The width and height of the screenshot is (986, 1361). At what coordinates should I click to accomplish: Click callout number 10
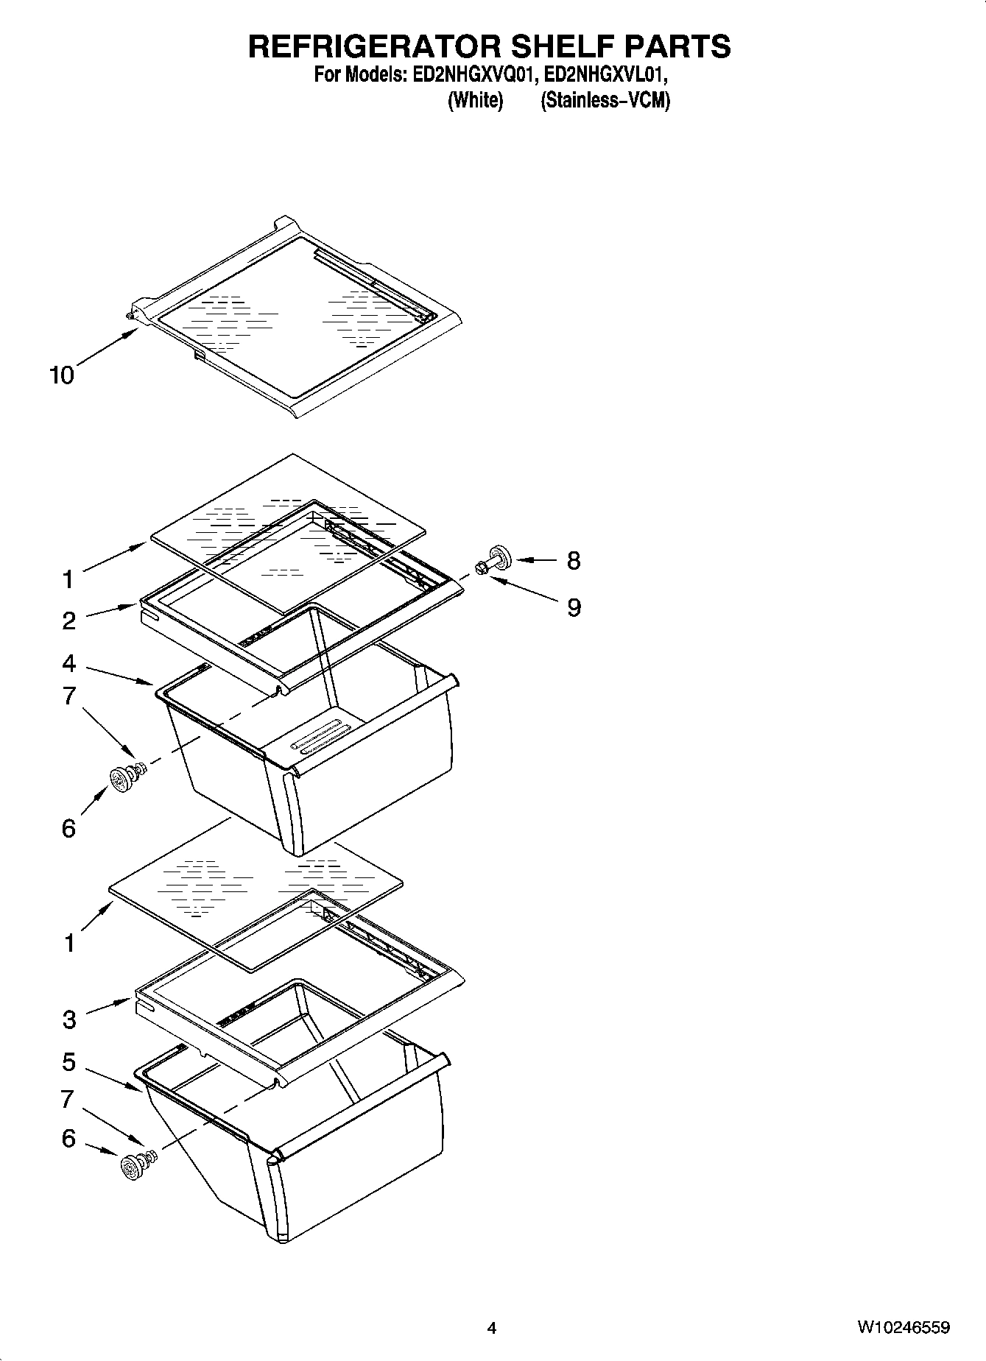pos(62,375)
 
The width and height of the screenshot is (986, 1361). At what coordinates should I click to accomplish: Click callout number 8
pos(574,561)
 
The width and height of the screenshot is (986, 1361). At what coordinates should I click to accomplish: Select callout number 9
pos(574,607)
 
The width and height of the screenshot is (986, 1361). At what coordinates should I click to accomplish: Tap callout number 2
pos(68,621)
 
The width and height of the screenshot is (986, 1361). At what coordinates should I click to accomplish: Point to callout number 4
pos(68,663)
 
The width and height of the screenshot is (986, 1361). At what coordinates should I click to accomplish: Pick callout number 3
pos(68,1019)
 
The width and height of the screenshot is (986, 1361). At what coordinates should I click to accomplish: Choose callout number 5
pos(68,1062)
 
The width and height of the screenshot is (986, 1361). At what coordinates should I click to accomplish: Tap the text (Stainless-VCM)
pos(605,101)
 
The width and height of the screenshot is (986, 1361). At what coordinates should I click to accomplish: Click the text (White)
pos(475,101)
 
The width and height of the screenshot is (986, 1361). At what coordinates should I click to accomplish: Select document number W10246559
pos(903,1328)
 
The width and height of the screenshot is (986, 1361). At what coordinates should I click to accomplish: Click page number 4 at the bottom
pos(492,1328)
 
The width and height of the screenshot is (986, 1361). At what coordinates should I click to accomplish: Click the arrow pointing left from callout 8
pos(537,561)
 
